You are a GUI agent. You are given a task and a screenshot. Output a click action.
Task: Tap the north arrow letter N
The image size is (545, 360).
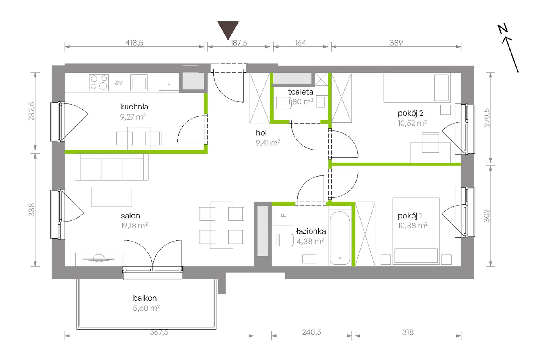click(503, 29)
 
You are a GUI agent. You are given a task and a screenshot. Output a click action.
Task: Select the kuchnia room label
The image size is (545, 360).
click(134, 107)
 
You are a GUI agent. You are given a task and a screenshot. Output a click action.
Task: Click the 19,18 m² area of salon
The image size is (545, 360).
click(134, 226)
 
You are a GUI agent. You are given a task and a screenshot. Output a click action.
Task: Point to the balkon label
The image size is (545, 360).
click(145, 298)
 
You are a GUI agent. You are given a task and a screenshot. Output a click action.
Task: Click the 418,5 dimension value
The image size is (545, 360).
click(134, 43)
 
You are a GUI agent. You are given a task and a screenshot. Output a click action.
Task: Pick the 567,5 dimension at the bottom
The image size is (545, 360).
click(159, 332)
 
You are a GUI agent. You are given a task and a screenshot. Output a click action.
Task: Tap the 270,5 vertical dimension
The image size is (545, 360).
click(487, 118)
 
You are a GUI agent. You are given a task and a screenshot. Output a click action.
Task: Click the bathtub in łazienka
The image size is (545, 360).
click(340, 238)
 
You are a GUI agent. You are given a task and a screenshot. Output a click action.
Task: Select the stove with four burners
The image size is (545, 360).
click(99, 83)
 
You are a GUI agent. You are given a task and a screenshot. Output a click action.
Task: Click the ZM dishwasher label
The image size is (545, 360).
click(119, 83)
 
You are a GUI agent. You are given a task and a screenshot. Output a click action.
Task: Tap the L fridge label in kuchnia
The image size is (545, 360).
click(169, 83)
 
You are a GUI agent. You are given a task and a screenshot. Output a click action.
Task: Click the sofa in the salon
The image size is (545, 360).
click(112, 167)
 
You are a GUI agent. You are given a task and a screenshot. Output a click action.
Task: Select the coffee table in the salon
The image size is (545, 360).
click(112, 197)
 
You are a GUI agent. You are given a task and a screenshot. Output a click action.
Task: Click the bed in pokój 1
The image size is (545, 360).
click(416, 231)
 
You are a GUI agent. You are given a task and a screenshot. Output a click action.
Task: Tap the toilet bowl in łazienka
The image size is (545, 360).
click(283, 240)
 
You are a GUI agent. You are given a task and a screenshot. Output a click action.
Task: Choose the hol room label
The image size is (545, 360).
click(261, 133)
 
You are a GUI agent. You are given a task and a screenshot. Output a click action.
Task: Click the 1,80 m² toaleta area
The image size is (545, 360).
click(301, 101)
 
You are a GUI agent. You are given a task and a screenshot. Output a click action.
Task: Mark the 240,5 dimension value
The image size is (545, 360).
click(312, 332)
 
